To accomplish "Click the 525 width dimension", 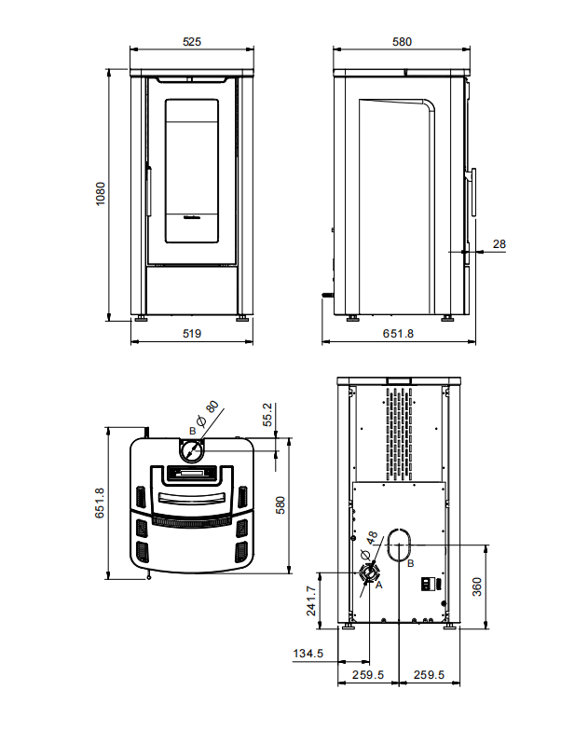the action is pos(192,41).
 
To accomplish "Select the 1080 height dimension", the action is pos(101,194).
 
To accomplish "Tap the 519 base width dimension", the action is pos(192,334).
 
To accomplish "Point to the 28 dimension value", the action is pos(499,244).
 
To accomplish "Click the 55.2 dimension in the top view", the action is pos(267,415).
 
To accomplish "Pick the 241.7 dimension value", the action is pos(311,600).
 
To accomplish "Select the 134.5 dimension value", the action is pos(308,653).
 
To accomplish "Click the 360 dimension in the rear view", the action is pos(477,586).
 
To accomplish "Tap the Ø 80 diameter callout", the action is pos(208,414).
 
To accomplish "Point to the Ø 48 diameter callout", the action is pos(369,545).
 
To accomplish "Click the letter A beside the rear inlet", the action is pos(378,585).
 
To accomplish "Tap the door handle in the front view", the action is pos(149,190).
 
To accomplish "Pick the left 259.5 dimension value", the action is pos(368,675).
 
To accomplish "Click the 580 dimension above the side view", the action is pos(403,41).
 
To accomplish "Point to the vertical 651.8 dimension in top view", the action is pos(101,503).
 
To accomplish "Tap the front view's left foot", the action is pos(142,319).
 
